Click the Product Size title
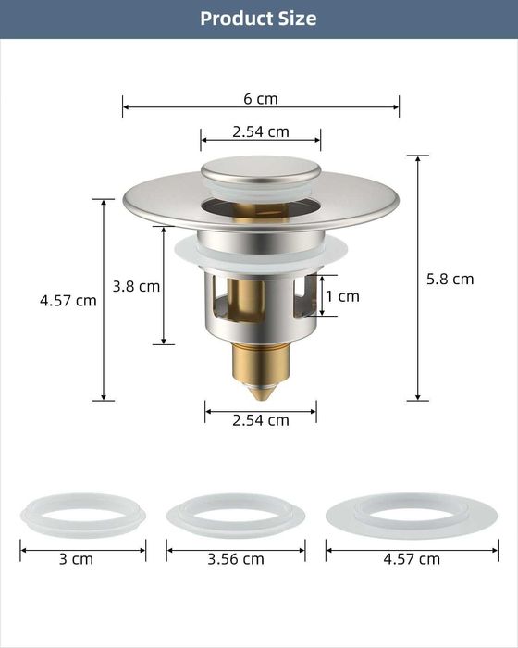(258, 19)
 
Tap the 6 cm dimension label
(261, 99)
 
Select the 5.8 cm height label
(450, 279)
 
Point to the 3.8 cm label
(136, 286)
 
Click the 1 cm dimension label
(342, 296)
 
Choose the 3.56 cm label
(236, 559)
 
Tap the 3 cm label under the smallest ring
(76, 559)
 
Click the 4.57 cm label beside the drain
(68, 301)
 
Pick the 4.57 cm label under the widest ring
(412, 559)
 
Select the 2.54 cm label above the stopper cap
(261, 131)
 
